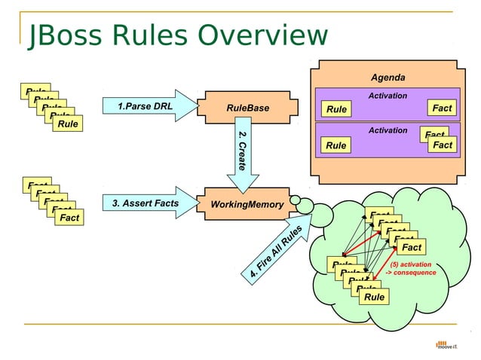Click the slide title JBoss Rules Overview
[x=178, y=35]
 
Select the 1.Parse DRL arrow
[x=147, y=106]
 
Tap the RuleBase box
[x=247, y=108]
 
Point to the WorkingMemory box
[x=247, y=204]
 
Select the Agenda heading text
[x=388, y=78]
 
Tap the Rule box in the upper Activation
[x=336, y=109]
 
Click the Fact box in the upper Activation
[x=442, y=108]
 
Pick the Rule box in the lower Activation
[x=336, y=145]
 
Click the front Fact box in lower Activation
[x=443, y=145]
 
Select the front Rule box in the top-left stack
[x=68, y=124]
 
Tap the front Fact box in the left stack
[x=69, y=218]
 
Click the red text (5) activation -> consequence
[x=411, y=268]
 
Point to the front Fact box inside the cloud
[x=411, y=247]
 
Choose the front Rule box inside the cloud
[x=374, y=297]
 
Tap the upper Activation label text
[x=388, y=96]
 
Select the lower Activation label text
[x=388, y=130]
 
